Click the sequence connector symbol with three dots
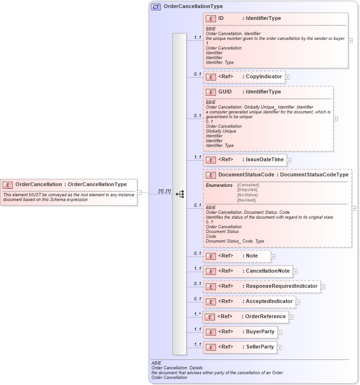pyautogui.click(x=180, y=194)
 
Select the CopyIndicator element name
pyautogui.click(x=264, y=76)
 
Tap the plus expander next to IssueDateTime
pyautogui.click(x=289, y=160)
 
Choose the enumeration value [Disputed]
pyautogui.click(x=248, y=190)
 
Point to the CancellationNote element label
pyautogui.click(x=267, y=271)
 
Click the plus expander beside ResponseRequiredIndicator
pyautogui.click(x=323, y=286)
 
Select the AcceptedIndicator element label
pyautogui.click(x=269, y=301)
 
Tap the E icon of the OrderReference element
pyautogui.click(x=210, y=317)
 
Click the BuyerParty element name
pyautogui.click(x=260, y=332)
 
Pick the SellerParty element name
pyautogui.click(x=260, y=347)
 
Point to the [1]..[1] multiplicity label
pyautogui.click(x=164, y=191)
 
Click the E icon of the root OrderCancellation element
pyautogui.click(x=8, y=184)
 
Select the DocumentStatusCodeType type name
pyautogui.click(x=314, y=175)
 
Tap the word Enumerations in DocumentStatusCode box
pyautogui.click(x=219, y=185)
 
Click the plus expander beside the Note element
pyautogui.click(x=273, y=257)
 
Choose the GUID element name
pyautogui.click(x=225, y=92)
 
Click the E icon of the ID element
pyautogui.click(x=211, y=18)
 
